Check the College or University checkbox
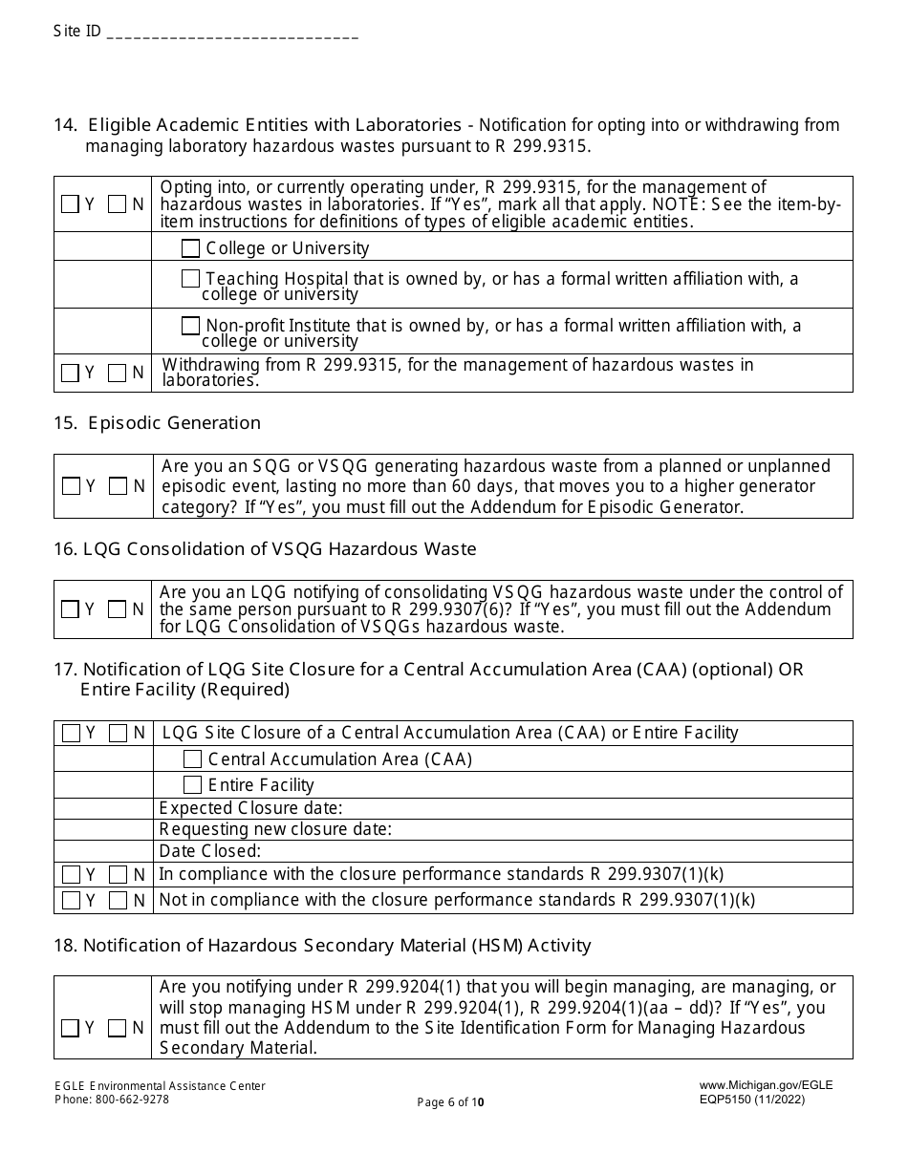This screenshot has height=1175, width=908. point(191,248)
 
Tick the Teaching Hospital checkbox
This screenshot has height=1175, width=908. point(191,279)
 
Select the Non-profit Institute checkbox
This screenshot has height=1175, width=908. point(191,326)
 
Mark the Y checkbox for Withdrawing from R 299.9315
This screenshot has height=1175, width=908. point(71,374)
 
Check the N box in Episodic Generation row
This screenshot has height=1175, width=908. point(118,486)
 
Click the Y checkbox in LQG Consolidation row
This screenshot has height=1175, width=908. point(71,609)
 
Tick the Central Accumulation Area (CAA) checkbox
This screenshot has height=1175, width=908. point(192,759)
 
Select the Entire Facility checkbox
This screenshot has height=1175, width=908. point(192,785)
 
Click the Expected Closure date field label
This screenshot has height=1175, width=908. point(250,809)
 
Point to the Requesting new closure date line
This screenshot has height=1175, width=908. point(275,829)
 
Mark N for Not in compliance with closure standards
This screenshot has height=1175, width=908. point(118,900)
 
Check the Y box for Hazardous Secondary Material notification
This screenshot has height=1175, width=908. point(71,1029)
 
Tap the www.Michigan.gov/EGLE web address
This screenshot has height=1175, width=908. point(766,1086)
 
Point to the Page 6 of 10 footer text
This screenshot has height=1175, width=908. point(450,1102)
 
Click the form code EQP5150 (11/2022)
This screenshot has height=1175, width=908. point(751,1100)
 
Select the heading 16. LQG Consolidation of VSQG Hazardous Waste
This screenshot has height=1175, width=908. point(265,549)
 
